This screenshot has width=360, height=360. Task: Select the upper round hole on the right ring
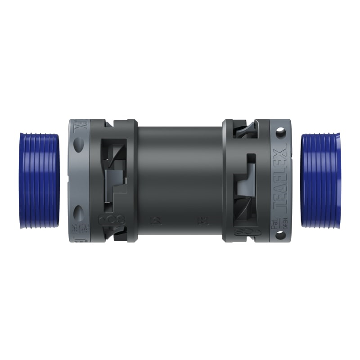click(x=282, y=133)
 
